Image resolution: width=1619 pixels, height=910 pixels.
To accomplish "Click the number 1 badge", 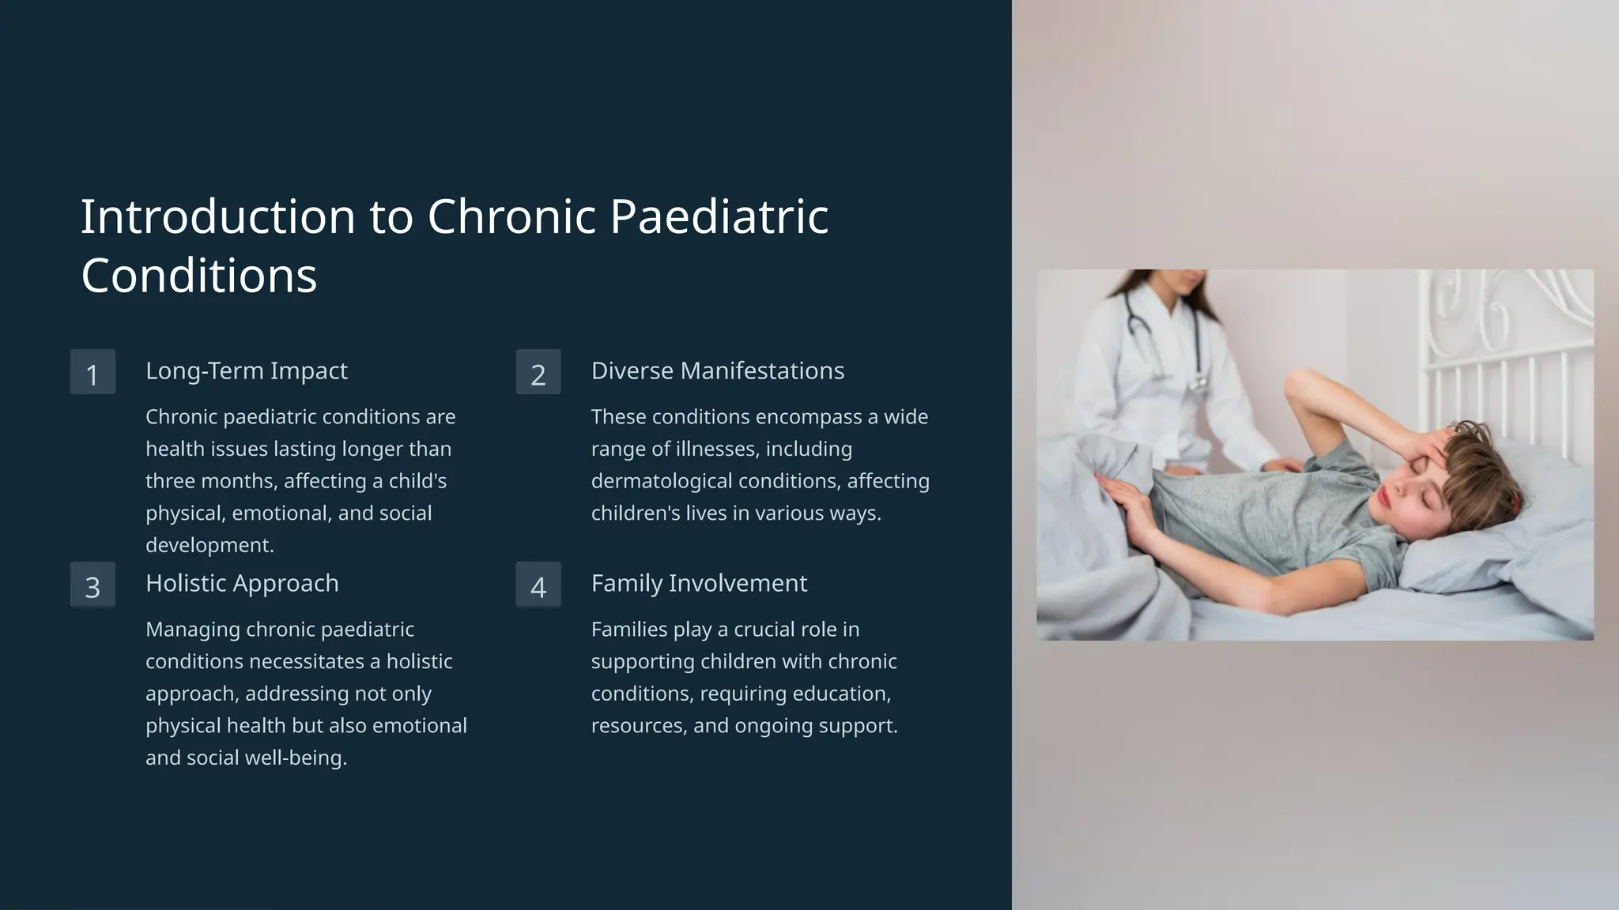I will tap(92, 372).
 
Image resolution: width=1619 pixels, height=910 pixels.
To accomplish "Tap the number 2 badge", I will tap(538, 372).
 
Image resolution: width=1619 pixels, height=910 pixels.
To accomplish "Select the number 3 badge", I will tap(92, 585).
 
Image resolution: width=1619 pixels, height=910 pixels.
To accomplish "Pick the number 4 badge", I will tap(538, 585).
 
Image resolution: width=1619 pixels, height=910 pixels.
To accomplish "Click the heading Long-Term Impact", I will tap(246, 370).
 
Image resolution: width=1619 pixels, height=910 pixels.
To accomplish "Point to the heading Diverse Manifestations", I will tap(717, 370).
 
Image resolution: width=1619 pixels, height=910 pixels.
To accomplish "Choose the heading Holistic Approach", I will tap(242, 583).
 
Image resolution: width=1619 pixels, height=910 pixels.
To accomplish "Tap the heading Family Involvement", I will tap(699, 583).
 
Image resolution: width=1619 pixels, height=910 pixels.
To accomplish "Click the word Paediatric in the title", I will tap(719, 216).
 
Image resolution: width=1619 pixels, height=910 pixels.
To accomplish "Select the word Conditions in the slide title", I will tap(198, 276).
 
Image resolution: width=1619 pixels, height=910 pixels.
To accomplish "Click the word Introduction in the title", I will tap(218, 216).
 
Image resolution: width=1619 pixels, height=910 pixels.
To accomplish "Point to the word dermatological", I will tap(661, 481).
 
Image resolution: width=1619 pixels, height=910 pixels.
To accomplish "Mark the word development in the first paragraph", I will tap(209, 545).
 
